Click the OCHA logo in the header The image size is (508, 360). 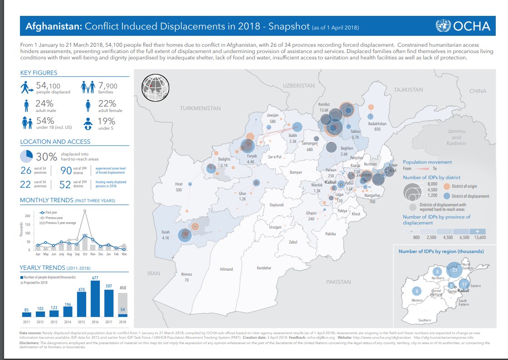pos(463,26)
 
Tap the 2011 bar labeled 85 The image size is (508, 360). pos(27,314)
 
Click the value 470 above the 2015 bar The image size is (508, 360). pos(82,289)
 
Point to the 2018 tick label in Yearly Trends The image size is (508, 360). pos(123,321)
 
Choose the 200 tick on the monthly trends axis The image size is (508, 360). pos(27,216)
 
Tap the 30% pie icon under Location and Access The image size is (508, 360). pos(26,156)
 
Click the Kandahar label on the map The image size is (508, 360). pos(264,268)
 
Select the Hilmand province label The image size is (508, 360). pos(226,269)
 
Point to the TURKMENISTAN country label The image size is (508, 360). pos(200,108)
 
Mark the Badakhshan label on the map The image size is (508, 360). pos(377,123)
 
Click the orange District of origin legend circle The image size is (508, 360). pos(446,187)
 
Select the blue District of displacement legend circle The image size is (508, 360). pos(446,196)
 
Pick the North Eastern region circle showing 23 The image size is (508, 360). pos(454,270)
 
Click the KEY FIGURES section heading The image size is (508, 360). pos(39,73)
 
